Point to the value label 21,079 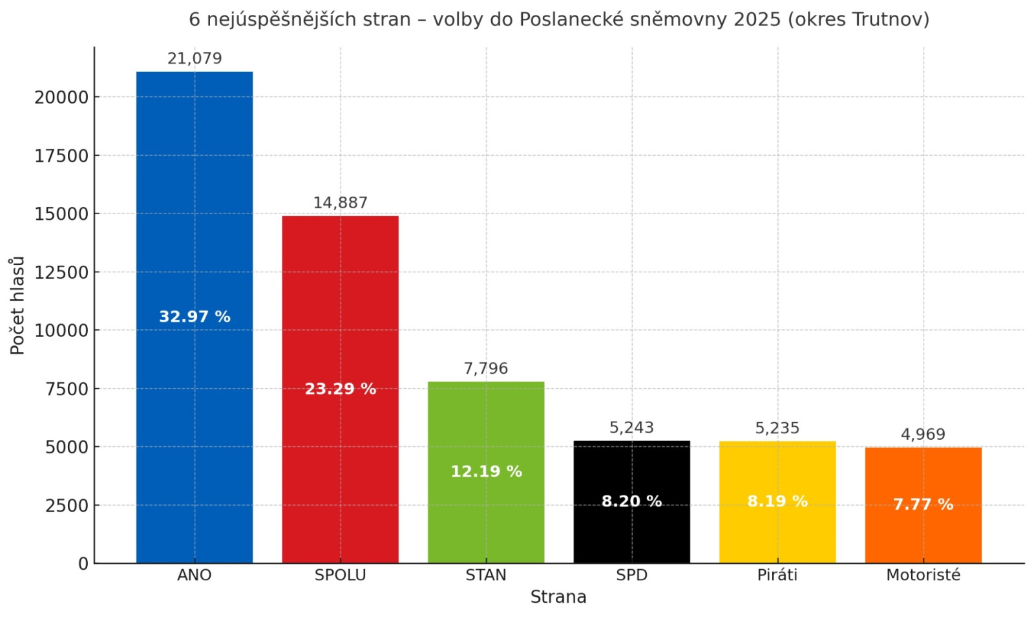tap(195, 59)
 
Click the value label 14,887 tap(340, 203)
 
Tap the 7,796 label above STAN tap(486, 369)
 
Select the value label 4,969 tap(923, 435)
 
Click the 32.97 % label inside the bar tap(195, 317)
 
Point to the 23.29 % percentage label tap(340, 389)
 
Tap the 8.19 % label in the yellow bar tap(777, 501)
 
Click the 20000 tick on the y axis tap(61, 98)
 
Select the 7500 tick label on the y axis tap(67, 389)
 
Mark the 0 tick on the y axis tap(83, 564)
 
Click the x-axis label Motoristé tap(923, 575)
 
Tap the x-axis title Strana tap(558, 597)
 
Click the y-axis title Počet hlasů tap(17, 305)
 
